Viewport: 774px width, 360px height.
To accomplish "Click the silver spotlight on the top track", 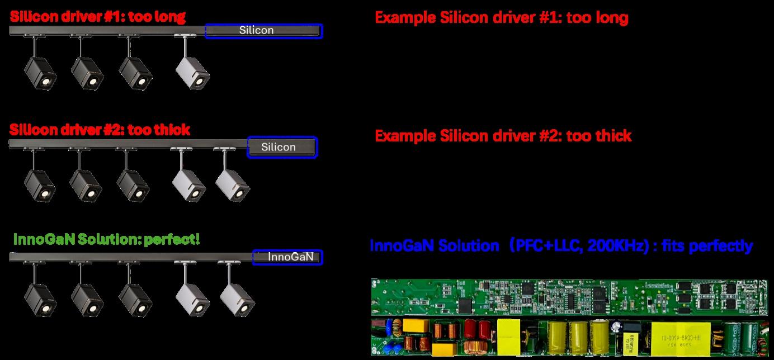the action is coord(192,71).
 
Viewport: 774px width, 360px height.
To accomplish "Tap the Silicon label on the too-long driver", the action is coord(256,30).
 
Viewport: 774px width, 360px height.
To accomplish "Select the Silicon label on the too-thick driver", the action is coord(279,147).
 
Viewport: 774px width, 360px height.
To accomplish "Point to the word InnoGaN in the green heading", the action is coord(44,240).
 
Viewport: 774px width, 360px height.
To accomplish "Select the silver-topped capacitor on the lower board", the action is coord(617,327).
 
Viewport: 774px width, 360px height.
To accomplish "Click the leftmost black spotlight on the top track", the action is coord(40,73).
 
